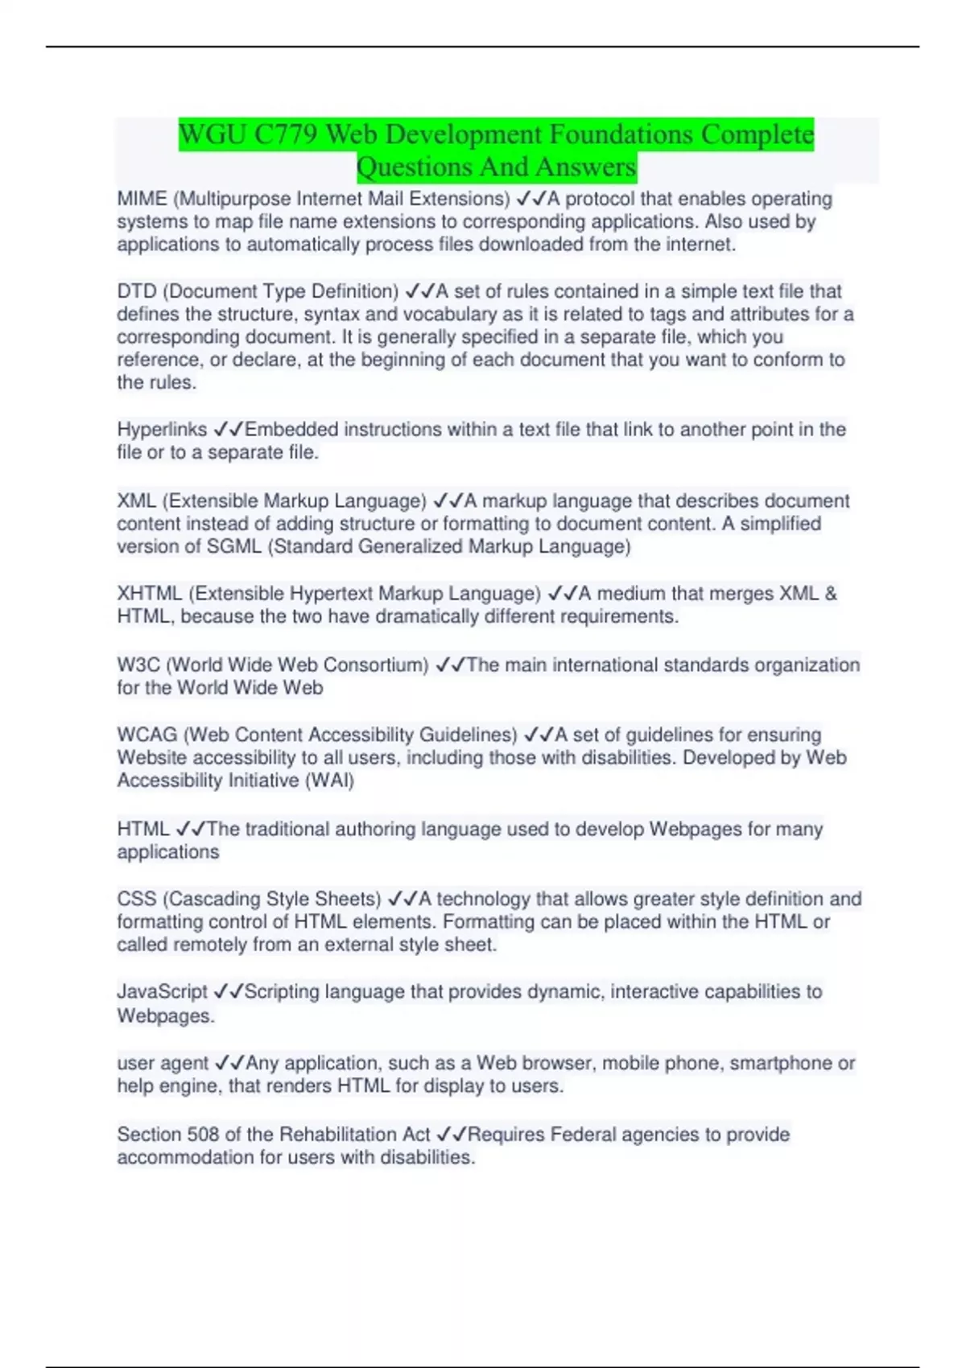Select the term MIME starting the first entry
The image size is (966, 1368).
(142, 199)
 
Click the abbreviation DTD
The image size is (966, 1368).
(137, 291)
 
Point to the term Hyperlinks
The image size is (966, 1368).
(162, 430)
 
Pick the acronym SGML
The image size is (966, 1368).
(234, 547)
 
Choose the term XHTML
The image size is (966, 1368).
(150, 594)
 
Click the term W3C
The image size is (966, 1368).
(138, 665)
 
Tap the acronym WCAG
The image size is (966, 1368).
(147, 735)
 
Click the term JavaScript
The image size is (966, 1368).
(162, 992)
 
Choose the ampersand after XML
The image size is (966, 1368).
(829, 594)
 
